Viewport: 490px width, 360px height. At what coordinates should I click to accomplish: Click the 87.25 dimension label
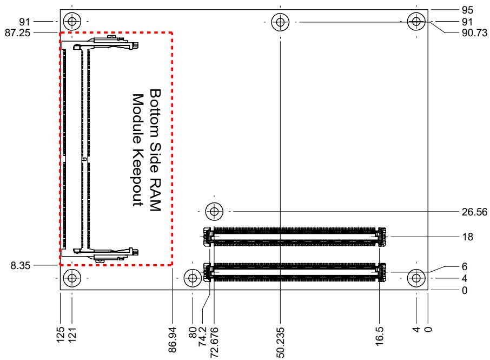(17, 32)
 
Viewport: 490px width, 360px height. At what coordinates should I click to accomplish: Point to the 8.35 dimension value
(21, 266)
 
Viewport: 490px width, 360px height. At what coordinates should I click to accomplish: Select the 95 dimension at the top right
(467, 10)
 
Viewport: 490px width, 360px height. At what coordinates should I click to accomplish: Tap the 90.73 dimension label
(474, 32)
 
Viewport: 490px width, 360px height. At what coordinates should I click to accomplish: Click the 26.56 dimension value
(474, 212)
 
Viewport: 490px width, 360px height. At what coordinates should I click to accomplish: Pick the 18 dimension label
(467, 237)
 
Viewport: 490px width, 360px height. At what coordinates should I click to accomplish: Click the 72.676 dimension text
(214, 343)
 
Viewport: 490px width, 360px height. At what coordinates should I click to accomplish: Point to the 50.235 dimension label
(280, 343)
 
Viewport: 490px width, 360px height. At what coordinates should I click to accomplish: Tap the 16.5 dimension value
(379, 336)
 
